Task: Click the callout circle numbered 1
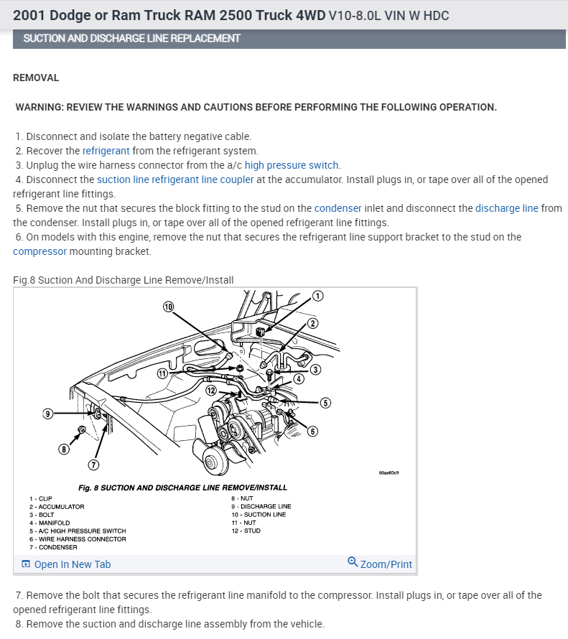tap(319, 295)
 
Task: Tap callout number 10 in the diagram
tap(169, 307)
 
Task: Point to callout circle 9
tap(48, 414)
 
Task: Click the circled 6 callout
tap(312, 431)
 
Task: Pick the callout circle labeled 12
tap(210, 390)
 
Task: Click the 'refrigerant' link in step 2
tap(106, 151)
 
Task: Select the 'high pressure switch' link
tap(292, 165)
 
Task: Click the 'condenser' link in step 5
tap(337, 208)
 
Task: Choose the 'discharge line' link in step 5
tap(506, 208)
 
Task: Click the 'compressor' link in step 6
tap(39, 251)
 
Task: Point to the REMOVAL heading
tap(36, 78)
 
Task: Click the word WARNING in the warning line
tap(39, 107)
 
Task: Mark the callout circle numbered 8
tap(64, 449)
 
